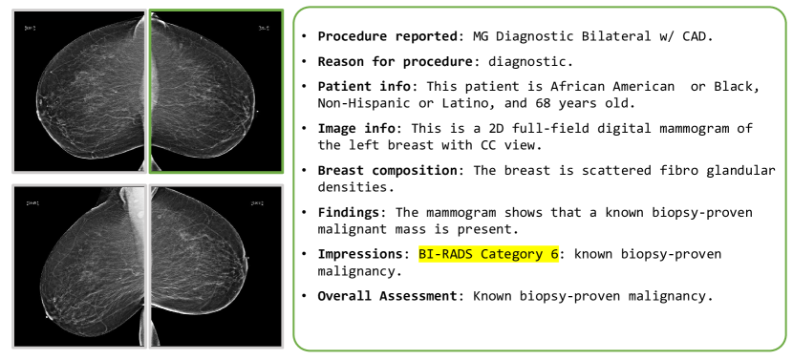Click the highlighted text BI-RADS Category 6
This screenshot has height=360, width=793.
point(488,254)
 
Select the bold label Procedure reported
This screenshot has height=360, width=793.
point(387,36)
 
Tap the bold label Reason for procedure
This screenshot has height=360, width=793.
point(395,62)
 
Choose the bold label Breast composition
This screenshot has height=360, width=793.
point(387,170)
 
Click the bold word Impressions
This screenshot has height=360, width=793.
point(360,254)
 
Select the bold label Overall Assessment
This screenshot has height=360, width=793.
point(387,296)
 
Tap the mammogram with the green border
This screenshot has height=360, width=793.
point(216,92)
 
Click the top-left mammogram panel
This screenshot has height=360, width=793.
point(79,92)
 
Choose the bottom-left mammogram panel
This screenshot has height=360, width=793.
point(79,266)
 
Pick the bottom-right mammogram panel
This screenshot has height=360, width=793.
point(216,266)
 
